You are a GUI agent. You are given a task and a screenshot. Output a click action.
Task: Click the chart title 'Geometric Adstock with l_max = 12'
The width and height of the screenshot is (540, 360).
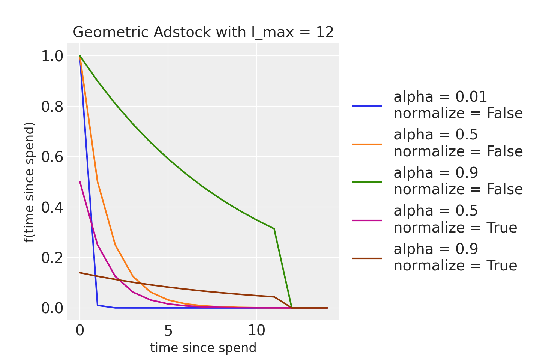point(203,33)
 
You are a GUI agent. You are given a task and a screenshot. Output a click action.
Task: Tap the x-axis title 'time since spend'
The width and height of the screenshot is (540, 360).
point(203,348)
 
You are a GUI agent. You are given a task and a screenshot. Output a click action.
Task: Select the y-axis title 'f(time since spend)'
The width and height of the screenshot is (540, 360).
point(29,182)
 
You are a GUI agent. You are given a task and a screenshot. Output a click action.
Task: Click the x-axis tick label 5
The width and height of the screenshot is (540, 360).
point(168,331)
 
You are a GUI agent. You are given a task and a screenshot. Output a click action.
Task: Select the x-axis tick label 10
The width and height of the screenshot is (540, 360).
point(256,331)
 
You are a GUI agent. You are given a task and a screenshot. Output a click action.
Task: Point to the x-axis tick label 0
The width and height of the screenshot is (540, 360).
point(80,331)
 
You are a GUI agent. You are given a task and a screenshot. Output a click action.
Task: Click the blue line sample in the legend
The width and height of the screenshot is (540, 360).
point(367,106)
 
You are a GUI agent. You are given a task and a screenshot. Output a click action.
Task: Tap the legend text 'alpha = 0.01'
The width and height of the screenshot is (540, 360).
point(440,97)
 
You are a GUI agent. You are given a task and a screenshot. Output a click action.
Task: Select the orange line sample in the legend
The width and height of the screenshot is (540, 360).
point(367,144)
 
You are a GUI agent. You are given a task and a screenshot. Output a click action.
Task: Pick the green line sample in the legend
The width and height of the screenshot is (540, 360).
point(367,182)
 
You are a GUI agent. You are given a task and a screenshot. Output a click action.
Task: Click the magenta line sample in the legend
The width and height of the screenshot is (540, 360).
point(367,220)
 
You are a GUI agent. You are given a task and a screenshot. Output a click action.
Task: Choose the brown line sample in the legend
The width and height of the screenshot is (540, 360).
point(367,258)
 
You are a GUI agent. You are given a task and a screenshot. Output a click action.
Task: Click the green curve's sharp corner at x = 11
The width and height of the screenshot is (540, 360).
point(274,229)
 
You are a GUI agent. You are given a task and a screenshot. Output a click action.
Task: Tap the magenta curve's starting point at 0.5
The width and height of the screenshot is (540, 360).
point(80,182)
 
